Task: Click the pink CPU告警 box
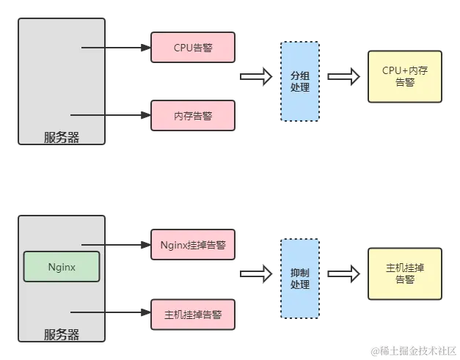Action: click(193, 48)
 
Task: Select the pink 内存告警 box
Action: click(193, 116)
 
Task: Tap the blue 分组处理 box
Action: click(300, 81)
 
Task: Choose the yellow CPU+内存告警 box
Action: click(404, 76)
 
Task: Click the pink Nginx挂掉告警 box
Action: click(193, 245)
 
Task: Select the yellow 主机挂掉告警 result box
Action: click(404, 273)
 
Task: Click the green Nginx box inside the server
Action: click(62, 267)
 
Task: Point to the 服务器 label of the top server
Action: click(62, 137)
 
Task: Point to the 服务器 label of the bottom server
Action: click(62, 335)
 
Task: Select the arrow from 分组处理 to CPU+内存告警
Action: click(343, 76)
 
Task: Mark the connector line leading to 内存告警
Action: click(110, 115)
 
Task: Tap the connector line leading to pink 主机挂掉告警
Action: click(110, 313)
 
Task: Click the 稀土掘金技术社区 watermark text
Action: click(415, 351)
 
